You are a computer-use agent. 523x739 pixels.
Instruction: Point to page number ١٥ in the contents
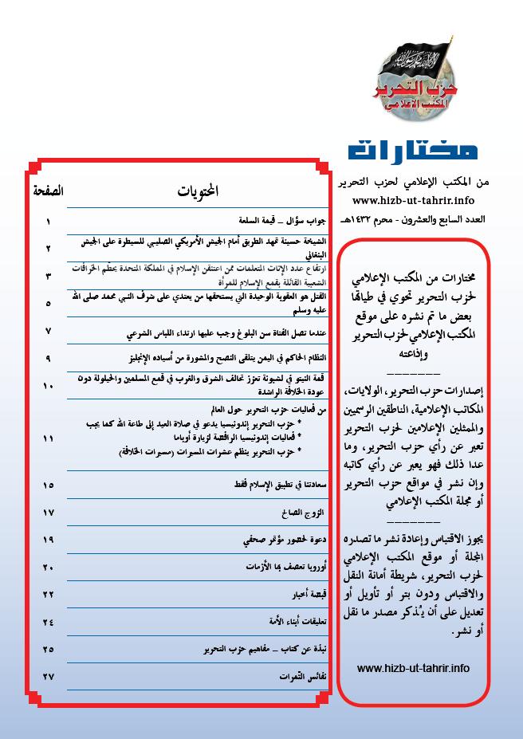tap(49, 485)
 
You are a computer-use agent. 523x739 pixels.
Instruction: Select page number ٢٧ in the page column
tap(49, 677)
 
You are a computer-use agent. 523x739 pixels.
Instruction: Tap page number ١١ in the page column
tap(49, 438)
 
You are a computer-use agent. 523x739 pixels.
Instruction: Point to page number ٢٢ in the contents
tap(49, 595)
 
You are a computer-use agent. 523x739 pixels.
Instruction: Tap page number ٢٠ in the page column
tap(49, 567)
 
